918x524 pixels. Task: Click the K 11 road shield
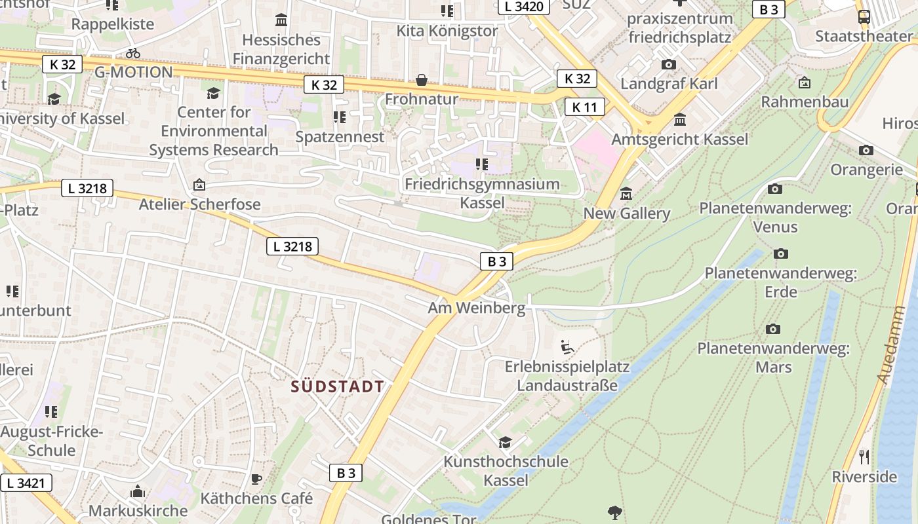(x=584, y=107)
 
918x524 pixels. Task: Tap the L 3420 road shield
(x=525, y=7)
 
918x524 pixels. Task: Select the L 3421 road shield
(x=26, y=483)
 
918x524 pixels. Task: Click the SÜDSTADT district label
(x=338, y=386)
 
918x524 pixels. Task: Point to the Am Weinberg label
(x=477, y=308)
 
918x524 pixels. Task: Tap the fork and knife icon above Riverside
(x=864, y=457)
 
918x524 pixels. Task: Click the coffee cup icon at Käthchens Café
(x=256, y=479)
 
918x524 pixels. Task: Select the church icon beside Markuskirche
(x=138, y=491)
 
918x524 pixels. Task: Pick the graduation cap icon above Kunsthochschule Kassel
(x=505, y=442)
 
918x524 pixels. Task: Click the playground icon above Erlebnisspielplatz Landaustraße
(x=567, y=347)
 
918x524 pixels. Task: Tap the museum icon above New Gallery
(x=626, y=195)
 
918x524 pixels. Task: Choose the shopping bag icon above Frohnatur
(x=422, y=80)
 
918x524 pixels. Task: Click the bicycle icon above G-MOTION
(x=133, y=53)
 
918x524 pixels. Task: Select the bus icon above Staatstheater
(x=864, y=17)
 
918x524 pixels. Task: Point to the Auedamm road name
(x=890, y=345)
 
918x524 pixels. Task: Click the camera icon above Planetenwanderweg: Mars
(x=773, y=329)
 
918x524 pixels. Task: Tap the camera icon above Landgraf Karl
(x=669, y=64)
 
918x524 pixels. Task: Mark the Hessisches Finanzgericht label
(x=281, y=49)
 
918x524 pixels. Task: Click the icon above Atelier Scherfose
(x=199, y=185)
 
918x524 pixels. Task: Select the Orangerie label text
(x=866, y=170)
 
